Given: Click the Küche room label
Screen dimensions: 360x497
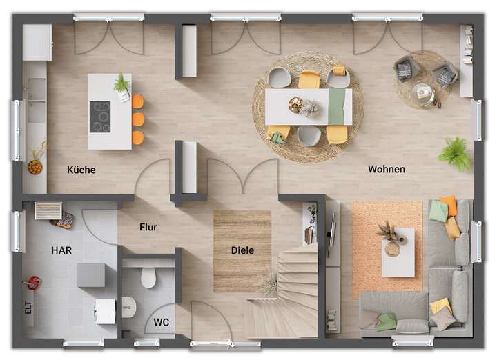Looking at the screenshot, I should point(81,170).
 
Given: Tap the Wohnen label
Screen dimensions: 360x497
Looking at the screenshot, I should point(387,169).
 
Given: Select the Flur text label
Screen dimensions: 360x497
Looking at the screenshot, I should point(148,226).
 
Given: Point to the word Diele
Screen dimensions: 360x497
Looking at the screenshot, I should point(242,250).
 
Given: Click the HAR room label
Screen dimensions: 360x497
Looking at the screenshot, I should point(61,250).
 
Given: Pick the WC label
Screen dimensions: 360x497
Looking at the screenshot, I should point(162,321).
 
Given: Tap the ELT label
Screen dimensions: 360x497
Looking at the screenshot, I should point(28,308).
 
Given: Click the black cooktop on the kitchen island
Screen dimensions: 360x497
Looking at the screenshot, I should point(100,117).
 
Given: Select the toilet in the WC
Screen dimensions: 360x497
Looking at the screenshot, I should point(148,277).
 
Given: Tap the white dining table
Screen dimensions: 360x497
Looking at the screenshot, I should point(309,106).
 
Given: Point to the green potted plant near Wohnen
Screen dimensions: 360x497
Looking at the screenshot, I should point(455,153).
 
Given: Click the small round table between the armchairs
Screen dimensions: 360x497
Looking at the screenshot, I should point(422,92).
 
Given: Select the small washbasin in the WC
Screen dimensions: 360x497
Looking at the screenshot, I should point(129,308).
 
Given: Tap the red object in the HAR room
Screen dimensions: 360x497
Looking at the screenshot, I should point(32,282).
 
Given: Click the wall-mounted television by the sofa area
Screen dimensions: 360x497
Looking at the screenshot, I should point(331,234).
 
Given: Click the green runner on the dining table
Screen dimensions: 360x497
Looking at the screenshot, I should point(336,106).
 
